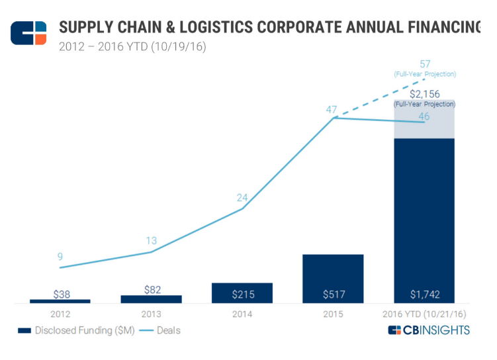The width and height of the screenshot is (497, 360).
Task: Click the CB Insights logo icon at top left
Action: click(x=28, y=32)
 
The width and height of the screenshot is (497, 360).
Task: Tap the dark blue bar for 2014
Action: click(x=242, y=292)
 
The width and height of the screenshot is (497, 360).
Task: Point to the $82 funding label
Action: click(x=151, y=289)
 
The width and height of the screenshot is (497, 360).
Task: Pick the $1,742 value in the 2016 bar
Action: click(x=424, y=294)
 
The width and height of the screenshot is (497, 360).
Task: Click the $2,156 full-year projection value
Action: click(x=424, y=94)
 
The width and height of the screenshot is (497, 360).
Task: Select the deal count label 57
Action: click(x=426, y=64)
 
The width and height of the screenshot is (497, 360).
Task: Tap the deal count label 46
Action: click(x=424, y=116)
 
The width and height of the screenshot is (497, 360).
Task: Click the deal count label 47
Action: click(x=332, y=109)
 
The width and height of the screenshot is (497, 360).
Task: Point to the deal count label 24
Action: click(x=242, y=197)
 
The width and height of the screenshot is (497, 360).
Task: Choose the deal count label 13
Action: click(x=152, y=241)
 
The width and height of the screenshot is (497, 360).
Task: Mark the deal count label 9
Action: click(x=60, y=257)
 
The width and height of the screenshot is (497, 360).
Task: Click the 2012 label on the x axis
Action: click(x=60, y=314)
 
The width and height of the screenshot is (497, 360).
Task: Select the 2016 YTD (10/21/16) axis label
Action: click(x=424, y=314)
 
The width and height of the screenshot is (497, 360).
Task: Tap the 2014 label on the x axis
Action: click(x=242, y=314)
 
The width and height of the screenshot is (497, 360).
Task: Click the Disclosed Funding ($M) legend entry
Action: click(x=76, y=330)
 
